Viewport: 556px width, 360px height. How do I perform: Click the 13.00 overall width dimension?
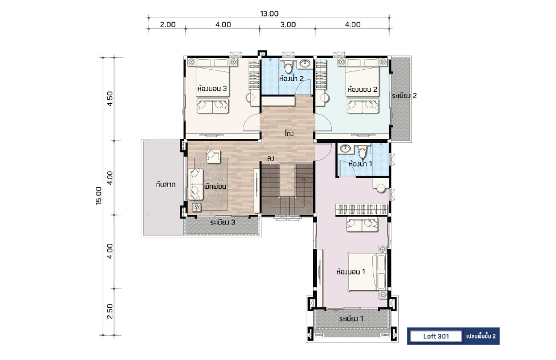(269, 14)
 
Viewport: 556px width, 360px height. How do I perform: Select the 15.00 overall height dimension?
(99, 196)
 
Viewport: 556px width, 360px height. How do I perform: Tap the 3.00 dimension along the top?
(288, 24)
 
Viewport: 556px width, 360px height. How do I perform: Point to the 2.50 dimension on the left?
(109, 311)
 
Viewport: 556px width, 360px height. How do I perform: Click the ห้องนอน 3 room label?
(212, 88)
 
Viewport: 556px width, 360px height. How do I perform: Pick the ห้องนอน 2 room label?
(362, 90)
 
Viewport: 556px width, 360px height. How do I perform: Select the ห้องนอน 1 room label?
(351, 272)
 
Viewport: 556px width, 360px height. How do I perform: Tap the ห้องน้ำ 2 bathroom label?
(292, 78)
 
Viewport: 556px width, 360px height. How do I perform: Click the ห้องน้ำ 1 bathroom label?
(360, 164)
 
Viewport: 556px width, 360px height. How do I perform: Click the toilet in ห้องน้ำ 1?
(363, 152)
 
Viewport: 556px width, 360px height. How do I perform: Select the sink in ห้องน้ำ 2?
(305, 63)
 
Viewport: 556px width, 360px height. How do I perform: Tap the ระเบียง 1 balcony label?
(351, 319)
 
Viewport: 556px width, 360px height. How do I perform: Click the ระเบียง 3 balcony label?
(222, 222)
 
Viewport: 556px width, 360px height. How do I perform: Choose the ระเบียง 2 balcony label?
(404, 96)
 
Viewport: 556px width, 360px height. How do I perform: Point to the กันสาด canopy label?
(166, 185)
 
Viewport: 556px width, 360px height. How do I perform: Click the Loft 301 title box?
(436, 336)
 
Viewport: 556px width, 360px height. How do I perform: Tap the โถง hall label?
(289, 134)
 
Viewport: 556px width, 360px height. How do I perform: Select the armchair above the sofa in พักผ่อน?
(213, 156)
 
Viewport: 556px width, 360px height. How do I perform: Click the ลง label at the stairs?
(271, 158)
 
